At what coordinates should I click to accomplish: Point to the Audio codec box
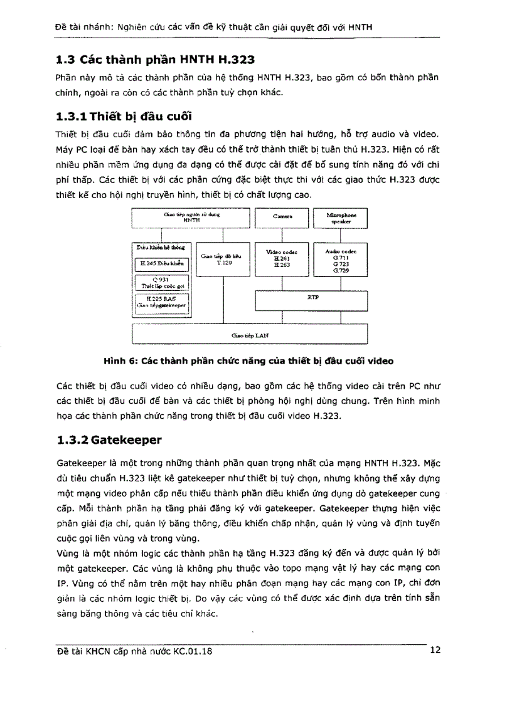(x=341, y=260)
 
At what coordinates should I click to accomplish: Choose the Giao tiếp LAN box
(x=250, y=335)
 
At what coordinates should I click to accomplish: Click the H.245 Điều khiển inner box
(x=162, y=264)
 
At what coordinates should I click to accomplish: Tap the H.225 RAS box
(x=162, y=303)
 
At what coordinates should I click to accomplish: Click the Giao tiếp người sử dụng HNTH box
(x=191, y=218)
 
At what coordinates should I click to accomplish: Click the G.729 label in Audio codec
(x=341, y=270)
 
